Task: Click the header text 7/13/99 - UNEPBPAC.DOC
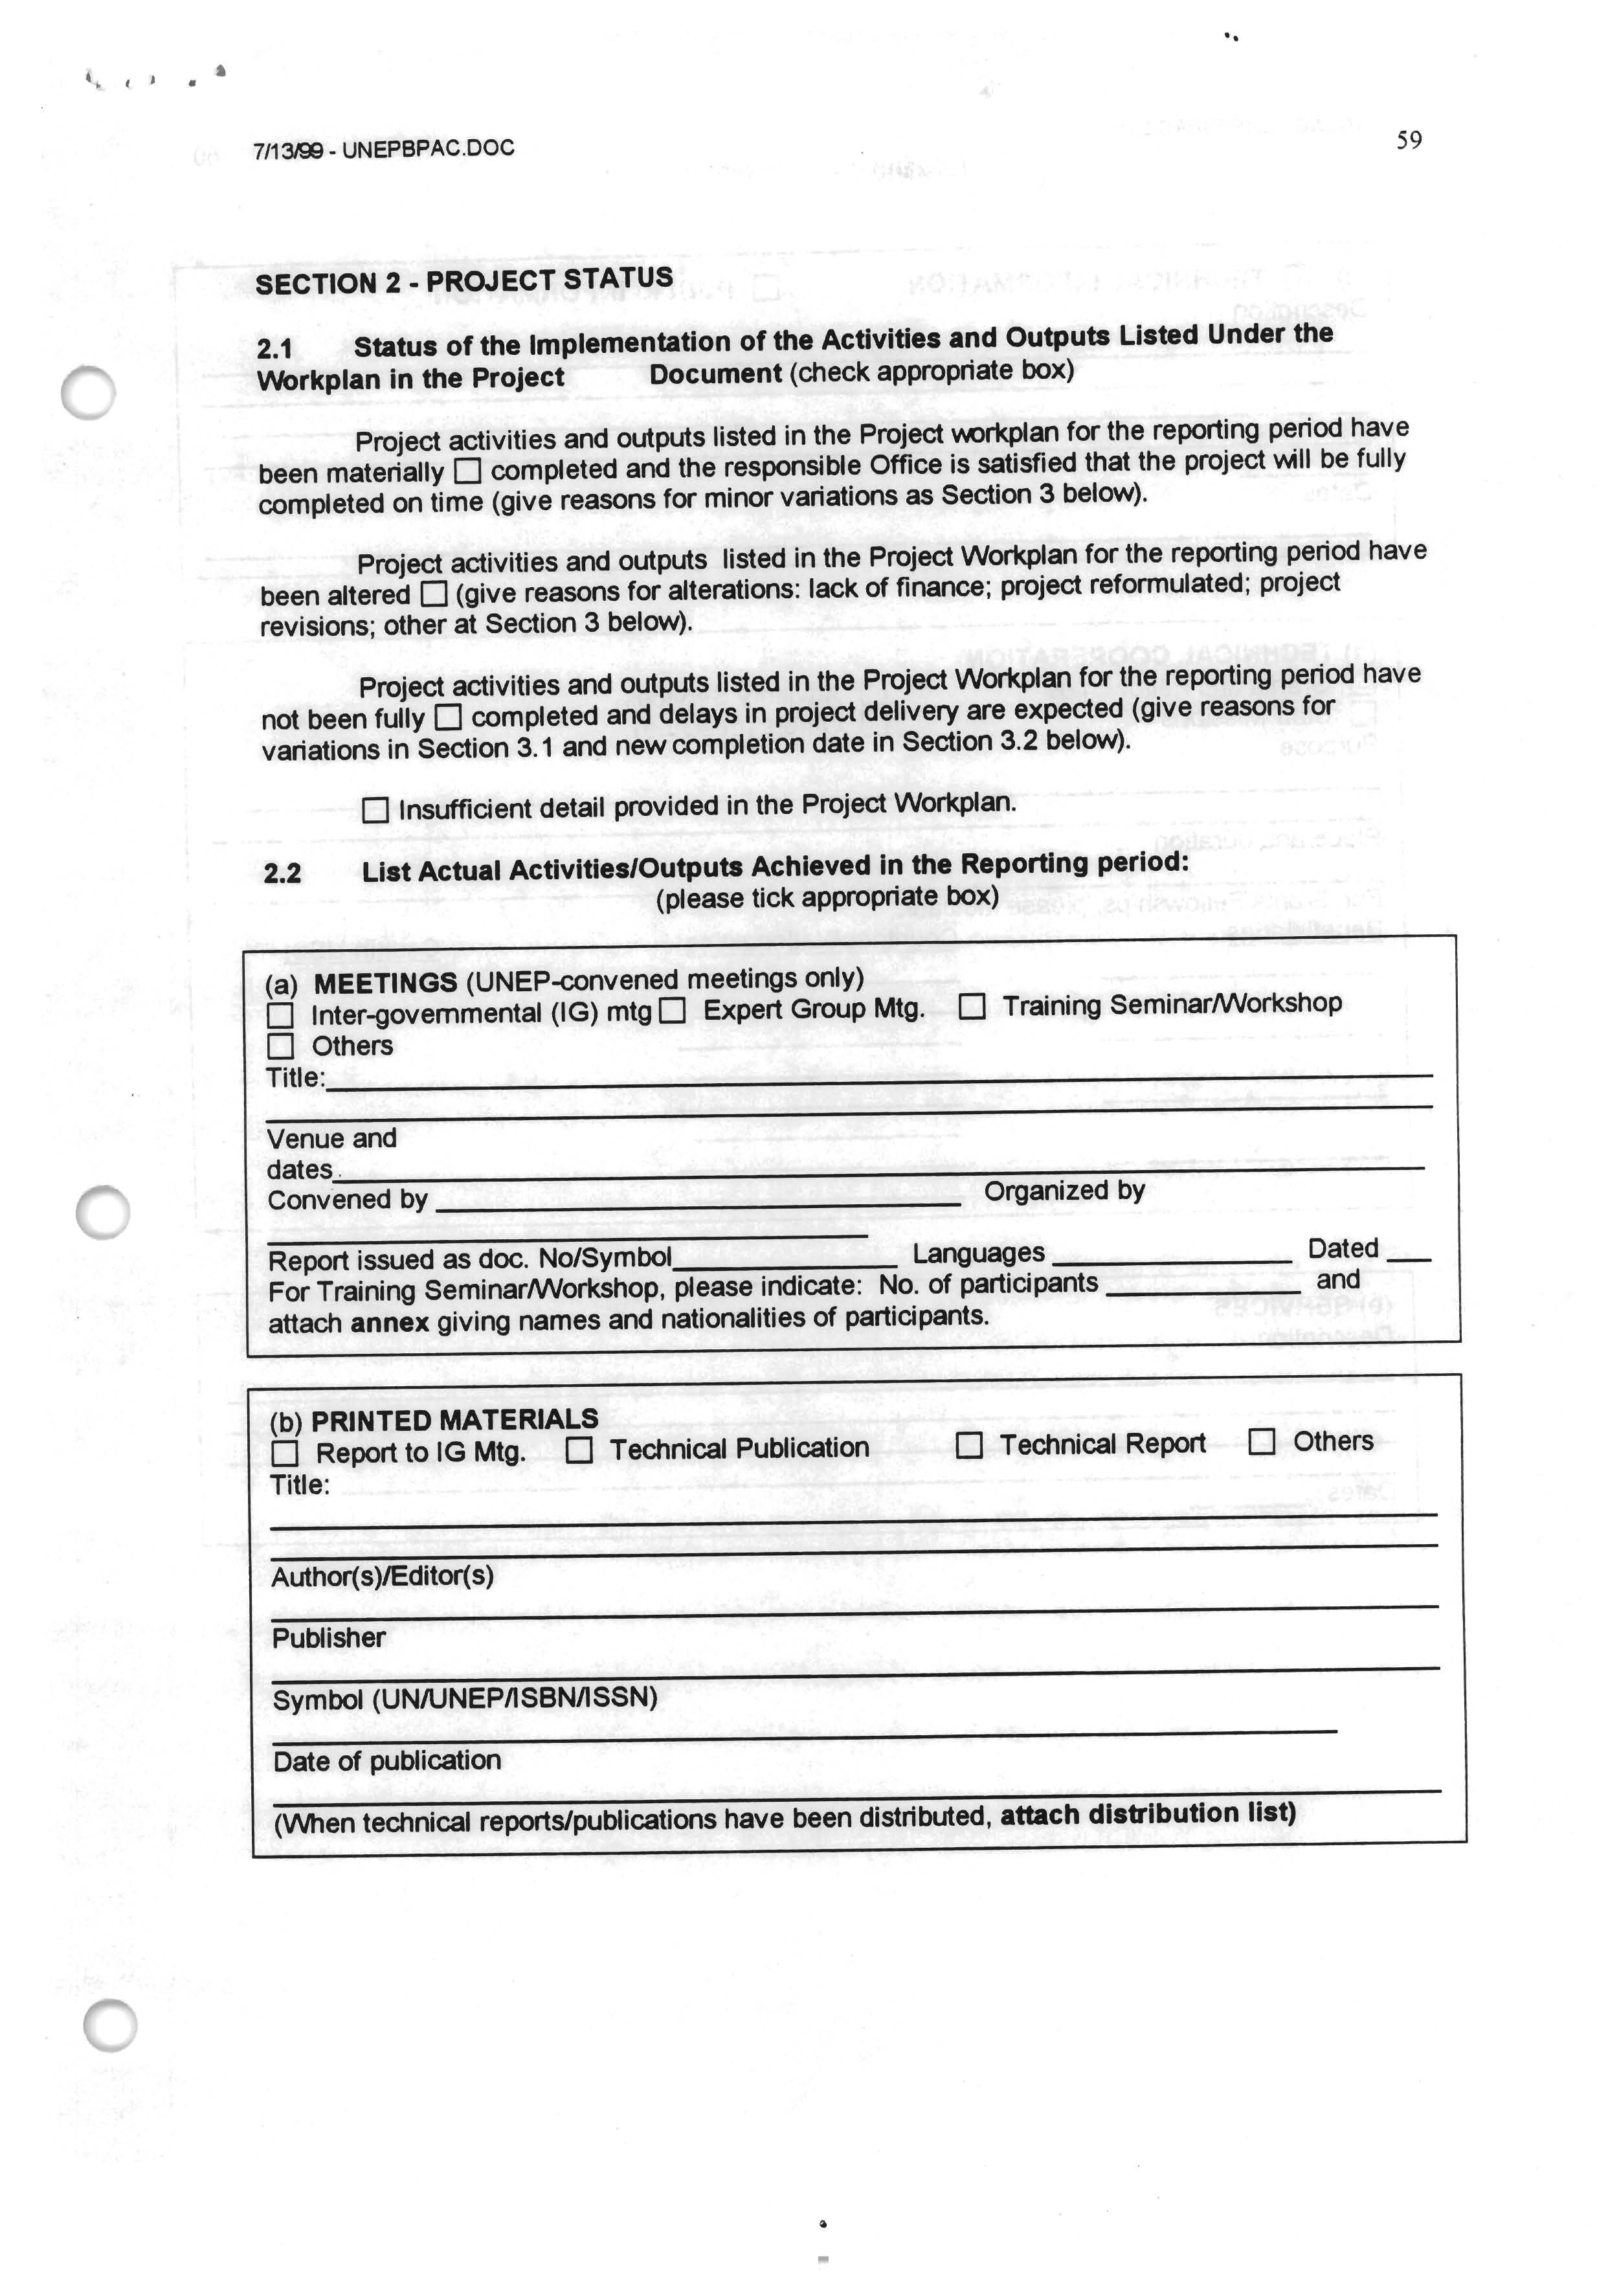tap(383, 150)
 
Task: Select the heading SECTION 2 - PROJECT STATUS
tap(463, 281)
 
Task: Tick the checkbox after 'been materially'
tap(467, 469)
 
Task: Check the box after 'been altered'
tap(434, 594)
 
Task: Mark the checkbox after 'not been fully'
tap(449, 717)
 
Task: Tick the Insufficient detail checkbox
tap(375, 810)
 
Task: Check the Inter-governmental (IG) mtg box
tap(281, 1015)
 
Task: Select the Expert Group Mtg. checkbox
tap(673, 1011)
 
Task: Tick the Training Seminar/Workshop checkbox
tap(972, 1007)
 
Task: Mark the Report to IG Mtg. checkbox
tap(285, 1453)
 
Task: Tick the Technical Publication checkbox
tap(579, 1450)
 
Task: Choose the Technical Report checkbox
tap(969, 1445)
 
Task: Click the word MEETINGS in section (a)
tap(385, 983)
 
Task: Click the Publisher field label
tap(329, 1638)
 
